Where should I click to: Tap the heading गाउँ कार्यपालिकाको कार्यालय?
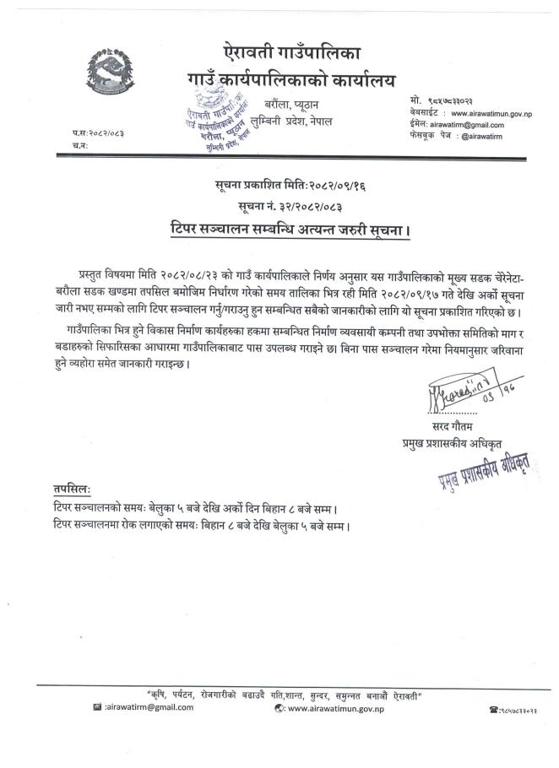click(x=279, y=82)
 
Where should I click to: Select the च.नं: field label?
click(x=79, y=145)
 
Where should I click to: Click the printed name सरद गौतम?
click(x=436, y=426)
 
